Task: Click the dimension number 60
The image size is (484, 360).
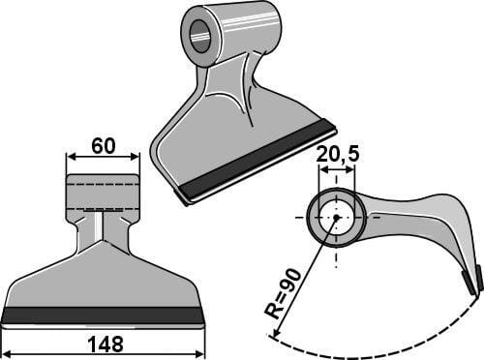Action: tap(103, 146)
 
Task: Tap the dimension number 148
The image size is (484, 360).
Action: tap(106, 345)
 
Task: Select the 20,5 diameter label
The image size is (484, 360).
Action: tap(338, 155)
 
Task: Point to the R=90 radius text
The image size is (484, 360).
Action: tap(283, 293)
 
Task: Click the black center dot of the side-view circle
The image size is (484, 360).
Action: tap(336, 218)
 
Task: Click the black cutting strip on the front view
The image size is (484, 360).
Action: tap(103, 315)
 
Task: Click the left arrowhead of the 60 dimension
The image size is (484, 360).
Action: tap(71, 157)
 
